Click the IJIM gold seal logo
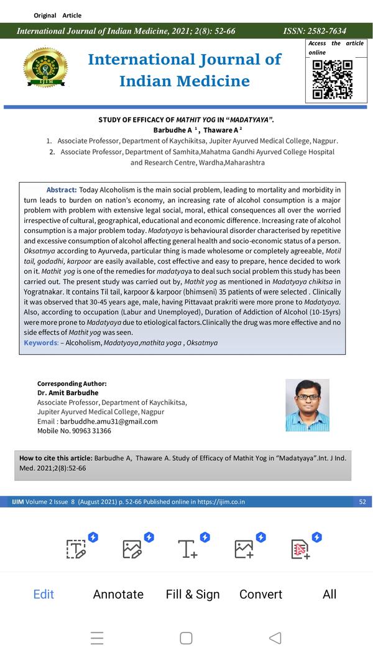click(45, 68)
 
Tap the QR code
click(332, 80)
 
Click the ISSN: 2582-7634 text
click(315, 31)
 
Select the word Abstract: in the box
click(62, 189)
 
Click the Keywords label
click(42, 342)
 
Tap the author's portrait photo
click(307, 405)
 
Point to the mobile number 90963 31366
click(88, 431)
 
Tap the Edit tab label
click(44, 594)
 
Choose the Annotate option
click(118, 594)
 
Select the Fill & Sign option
click(193, 594)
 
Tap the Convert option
click(261, 594)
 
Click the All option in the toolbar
click(329, 594)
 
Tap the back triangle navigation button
click(275, 638)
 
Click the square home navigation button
click(186, 638)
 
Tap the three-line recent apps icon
click(97, 638)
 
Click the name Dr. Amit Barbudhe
click(68, 393)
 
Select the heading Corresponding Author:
click(71, 383)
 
